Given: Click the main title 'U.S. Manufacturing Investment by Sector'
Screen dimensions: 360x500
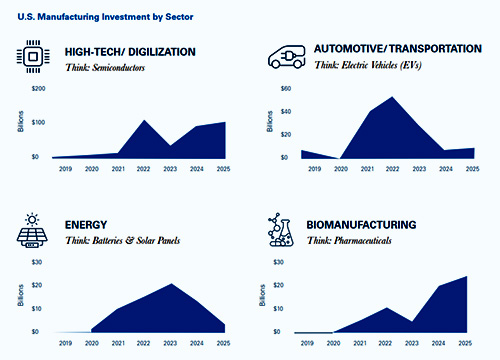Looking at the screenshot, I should pyautogui.click(x=97, y=17).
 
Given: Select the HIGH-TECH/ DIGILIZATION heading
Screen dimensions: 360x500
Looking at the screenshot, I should pyautogui.click(x=130, y=52).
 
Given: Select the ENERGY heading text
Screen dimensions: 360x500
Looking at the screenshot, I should pyautogui.click(x=88, y=225).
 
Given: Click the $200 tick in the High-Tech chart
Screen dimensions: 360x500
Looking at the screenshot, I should pyautogui.click(x=39, y=89).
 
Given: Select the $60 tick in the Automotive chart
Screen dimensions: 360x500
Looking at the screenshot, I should pyautogui.click(x=284, y=89).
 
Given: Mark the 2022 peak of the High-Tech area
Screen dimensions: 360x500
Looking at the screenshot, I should pyautogui.click(x=144, y=120).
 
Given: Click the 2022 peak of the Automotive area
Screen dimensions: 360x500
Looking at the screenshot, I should pyautogui.click(x=392, y=97).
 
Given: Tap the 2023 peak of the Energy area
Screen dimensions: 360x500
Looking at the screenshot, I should pyautogui.click(x=172, y=284).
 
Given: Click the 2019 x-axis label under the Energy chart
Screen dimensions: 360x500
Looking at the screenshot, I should pyautogui.click(x=65, y=344).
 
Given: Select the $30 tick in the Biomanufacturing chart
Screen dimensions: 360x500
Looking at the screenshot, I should pyautogui.click(x=284, y=263).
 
